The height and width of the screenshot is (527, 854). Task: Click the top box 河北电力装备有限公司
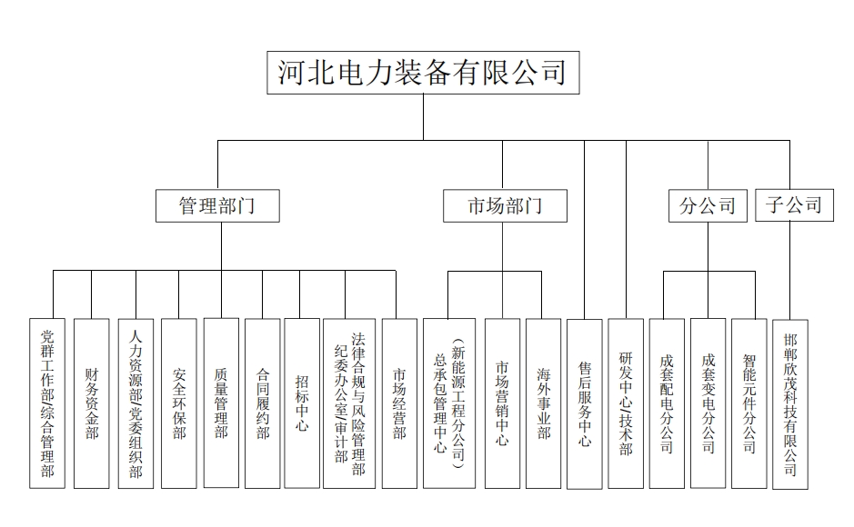423,73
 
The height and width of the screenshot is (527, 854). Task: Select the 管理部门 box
217,205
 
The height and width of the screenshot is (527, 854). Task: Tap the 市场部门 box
505,205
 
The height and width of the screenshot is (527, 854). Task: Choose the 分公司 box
708,205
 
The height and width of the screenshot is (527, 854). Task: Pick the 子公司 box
794,205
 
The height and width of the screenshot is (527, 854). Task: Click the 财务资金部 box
92,403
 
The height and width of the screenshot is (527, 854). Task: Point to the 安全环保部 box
178,403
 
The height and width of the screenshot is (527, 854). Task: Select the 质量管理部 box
221,403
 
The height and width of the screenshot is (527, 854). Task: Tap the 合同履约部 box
263,403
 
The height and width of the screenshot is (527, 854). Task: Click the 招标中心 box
302,403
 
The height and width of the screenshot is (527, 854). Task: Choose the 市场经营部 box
399,403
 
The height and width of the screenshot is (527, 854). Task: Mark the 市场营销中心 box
502,403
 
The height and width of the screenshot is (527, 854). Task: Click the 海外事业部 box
544,403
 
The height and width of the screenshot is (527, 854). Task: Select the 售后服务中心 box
585,404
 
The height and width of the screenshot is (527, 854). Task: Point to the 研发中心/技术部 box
626,403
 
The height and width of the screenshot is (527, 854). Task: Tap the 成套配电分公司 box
667,403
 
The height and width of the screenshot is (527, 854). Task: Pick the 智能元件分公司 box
749,403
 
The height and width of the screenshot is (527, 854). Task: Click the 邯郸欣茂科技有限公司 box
790,404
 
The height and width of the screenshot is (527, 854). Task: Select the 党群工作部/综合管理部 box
47,403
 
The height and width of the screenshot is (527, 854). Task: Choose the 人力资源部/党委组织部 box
136,403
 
